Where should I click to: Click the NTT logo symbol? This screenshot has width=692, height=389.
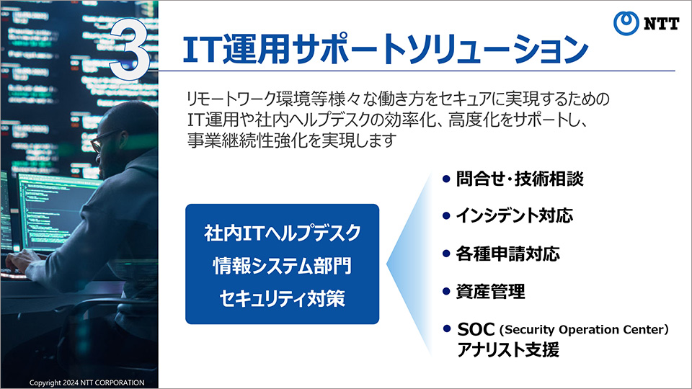(x=626, y=23)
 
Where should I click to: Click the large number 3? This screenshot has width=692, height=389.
(x=130, y=50)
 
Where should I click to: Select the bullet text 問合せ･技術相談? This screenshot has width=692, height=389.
(x=520, y=179)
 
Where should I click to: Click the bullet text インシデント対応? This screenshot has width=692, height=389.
(x=514, y=215)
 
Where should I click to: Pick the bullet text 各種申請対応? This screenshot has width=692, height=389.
(x=508, y=254)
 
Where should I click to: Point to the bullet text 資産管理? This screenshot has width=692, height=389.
(x=490, y=292)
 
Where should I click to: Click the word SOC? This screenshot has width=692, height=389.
(x=476, y=329)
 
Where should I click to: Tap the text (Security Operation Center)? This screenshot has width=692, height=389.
(x=584, y=329)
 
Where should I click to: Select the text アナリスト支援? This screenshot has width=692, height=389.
(x=508, y=350)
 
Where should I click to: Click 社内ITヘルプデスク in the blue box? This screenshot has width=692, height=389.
(x=283, y=233)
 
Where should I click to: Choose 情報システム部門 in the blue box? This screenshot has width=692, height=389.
(x=283, y=266)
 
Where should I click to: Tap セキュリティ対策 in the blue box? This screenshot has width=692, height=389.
(x=283, y=298)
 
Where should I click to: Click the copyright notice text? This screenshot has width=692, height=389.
(x=87, y=383)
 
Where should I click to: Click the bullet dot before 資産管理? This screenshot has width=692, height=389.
(x=446, y=292)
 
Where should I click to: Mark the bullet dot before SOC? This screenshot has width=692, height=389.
(x=446, y=328)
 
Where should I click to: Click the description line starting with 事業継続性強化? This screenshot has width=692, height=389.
(x=292, y=140)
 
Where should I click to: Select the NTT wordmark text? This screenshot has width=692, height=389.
(x=661, y=23)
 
